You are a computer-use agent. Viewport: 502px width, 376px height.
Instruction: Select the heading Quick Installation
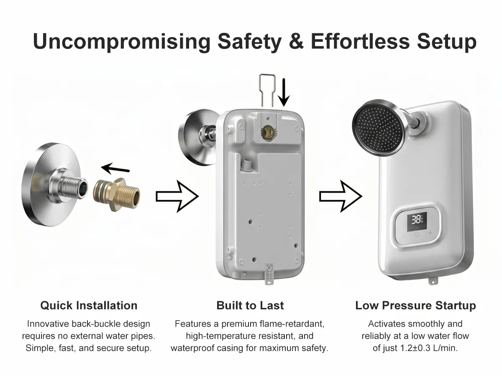tap(89, 305)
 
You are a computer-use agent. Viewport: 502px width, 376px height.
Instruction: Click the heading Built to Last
tap(250, 305)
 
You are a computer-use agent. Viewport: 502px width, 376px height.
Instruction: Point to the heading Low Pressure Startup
tap(415, 305)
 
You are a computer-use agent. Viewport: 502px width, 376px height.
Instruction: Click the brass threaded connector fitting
tap(117, 195)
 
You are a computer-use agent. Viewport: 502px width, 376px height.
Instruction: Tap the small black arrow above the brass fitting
tap(115, 168)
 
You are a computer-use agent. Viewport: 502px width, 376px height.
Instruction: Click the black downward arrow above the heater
tap(284, 92)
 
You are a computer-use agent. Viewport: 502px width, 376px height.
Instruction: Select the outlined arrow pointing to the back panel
tap(177, 196)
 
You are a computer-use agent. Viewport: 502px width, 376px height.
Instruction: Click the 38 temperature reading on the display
tap(415, 220)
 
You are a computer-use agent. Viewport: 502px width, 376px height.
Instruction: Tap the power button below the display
tap(417, 234)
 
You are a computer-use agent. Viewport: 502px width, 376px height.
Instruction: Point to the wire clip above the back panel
tap(267, 90)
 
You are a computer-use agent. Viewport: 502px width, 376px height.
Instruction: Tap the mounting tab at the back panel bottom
tap(269, 274)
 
